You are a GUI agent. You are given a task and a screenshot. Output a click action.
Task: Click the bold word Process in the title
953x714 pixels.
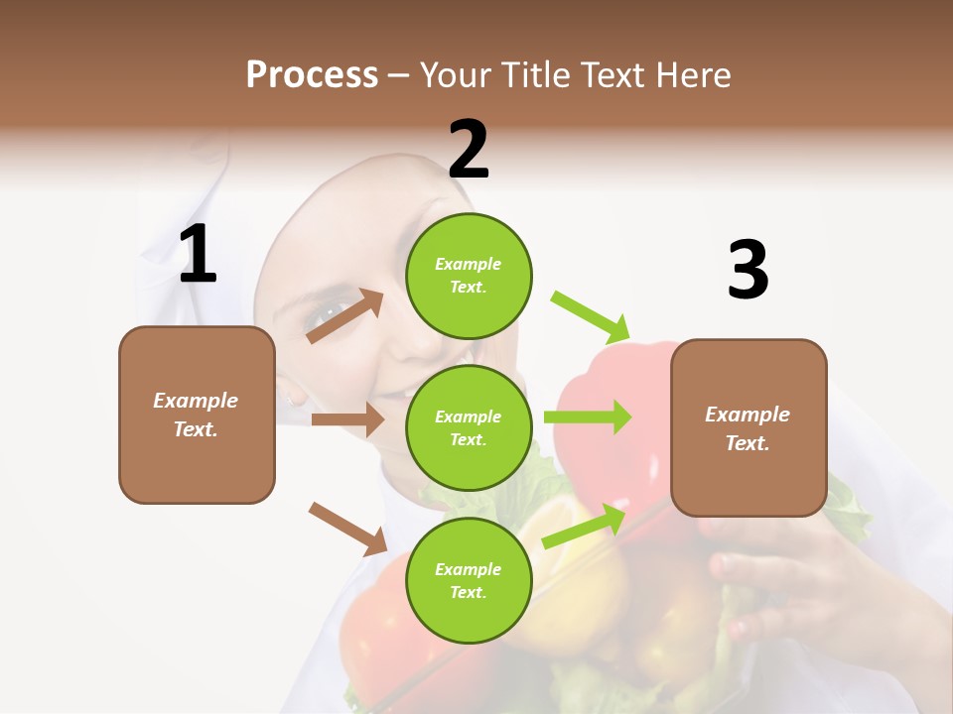(x=312, y=75)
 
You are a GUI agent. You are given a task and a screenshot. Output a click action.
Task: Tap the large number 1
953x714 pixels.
(x=198, y=254)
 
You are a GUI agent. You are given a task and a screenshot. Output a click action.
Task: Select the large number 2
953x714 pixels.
(x=469, y=149)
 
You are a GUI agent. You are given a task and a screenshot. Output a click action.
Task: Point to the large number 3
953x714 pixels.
(x=748, y=270)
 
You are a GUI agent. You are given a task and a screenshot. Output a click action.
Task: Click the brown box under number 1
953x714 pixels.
(x=197, y=415)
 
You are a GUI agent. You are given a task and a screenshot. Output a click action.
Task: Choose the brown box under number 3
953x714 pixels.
(x=749, y=427)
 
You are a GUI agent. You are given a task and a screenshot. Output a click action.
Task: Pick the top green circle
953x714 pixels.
(x=469, y=276)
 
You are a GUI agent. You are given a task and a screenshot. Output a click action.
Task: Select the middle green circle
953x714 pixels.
(x=469, y=427)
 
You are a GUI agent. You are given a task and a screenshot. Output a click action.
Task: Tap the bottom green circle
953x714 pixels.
(x=469, y=580)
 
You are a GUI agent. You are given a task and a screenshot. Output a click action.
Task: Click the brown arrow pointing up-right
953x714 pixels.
(x=345, y=316)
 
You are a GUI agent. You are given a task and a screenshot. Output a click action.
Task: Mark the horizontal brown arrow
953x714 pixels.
(x=347, y=419)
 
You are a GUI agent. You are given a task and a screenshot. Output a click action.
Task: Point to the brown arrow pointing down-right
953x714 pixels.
(x=347, y=529)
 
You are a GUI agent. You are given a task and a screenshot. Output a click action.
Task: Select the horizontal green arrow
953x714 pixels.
(x=588, y=416)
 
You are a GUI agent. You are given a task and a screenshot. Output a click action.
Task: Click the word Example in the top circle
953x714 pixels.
(x=468, y=265)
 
